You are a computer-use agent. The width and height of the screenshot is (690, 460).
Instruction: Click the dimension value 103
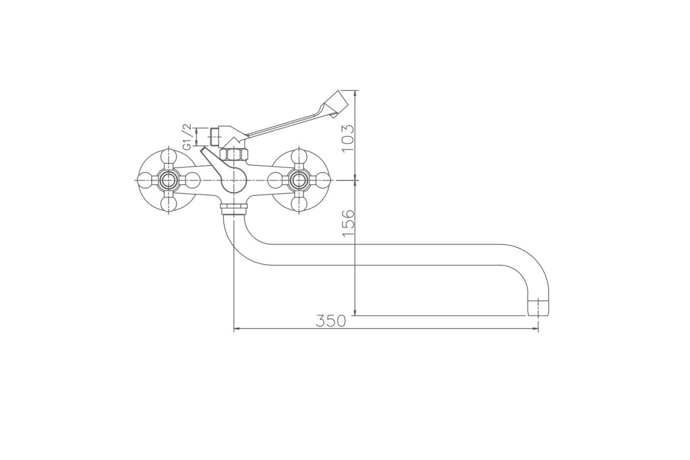pyautogui.click(x=348, y=139)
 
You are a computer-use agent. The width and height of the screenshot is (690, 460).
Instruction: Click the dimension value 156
pyautogui.click(x=348, y=223)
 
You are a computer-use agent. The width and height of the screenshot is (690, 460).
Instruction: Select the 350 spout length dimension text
pyautogui.click(x=331, y=321)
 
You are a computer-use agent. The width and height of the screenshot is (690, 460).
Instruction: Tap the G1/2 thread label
pyautogui.click(x=187, y=136)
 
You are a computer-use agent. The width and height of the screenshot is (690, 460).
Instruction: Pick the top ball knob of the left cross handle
pyautogui.click(x=168, y=156)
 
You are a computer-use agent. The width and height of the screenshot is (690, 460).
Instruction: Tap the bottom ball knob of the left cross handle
pyautogui.click(x=168, y=204)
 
